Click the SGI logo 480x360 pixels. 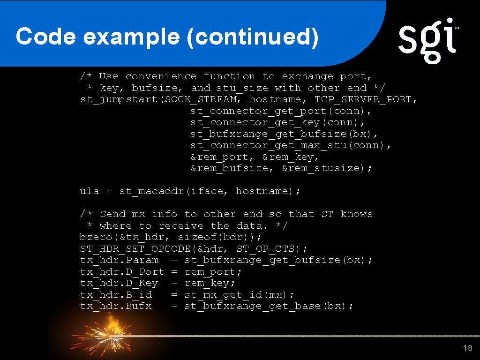tap(428, 40)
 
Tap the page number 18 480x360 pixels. tap(468, 348)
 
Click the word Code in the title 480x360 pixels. tap(45, 36)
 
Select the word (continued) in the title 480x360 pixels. tap(253, 37)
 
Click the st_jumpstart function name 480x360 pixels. tap(119, 100)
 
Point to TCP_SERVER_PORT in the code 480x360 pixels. tap(363, 100)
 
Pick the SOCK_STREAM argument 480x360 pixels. tap(201, 100)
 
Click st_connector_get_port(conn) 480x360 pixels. tap(277, 111)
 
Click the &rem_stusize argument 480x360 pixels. tap(322, 169)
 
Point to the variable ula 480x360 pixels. tap(90, 191)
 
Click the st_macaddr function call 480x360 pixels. tap(151, 192)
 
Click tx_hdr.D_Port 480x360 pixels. tap(122, 272)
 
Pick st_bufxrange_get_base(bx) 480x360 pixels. tap(265, 307)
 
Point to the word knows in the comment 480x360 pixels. tap(357, 214)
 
